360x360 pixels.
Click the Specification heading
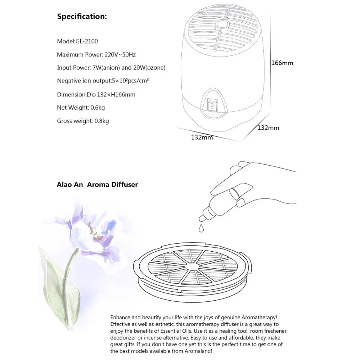pyautogui.click(x=82, y=17)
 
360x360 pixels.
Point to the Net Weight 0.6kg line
pyautogui.click(x=81, y=107)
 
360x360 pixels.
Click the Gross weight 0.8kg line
pyautogui.click(x=83, y=121)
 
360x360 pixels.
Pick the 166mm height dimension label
pyautogui.click(x=282, y=63)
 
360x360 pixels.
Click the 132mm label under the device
pyautogui.click(x=202, y=137)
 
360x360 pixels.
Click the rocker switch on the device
pyautogui.click(x=213, y=106)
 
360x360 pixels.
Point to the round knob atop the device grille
pyautogui.click(x=221, y=24)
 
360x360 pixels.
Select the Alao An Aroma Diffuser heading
pyautogui.click(x=97, y=185)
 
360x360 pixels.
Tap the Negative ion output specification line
pyautogui.click(x=103, y=81)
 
